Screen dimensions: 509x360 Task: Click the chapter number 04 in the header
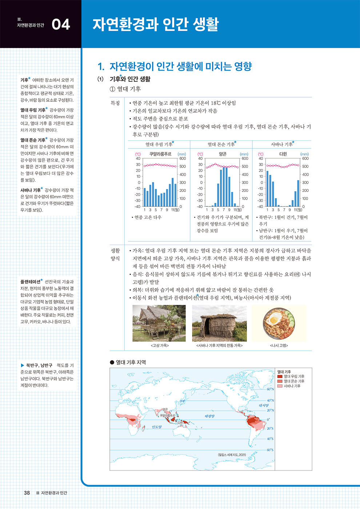(61, 24)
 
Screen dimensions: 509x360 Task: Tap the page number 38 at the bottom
(27, 493)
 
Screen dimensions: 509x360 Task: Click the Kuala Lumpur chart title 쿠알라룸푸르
(160, 154)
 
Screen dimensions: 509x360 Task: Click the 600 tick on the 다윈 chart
(305, 159)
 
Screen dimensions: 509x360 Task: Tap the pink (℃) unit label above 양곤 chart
(200, 154)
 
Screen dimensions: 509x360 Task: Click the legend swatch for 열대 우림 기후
(280, 377)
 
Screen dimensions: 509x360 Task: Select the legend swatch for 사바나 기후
(280, 386)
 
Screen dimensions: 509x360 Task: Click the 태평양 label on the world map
(209, 416)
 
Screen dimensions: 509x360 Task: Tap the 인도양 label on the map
(157, 427)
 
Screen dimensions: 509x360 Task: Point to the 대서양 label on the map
(264, 405)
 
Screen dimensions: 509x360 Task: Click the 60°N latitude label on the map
(270, 389)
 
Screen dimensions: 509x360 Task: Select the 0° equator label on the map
(268, 419)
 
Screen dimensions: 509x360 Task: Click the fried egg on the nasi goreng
(273, 320)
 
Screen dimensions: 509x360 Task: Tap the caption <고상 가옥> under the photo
(159, 345)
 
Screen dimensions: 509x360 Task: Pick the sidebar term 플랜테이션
(30, 282)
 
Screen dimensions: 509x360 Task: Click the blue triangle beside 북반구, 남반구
(23, 365)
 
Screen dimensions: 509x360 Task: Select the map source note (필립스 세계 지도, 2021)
(232, 454)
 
